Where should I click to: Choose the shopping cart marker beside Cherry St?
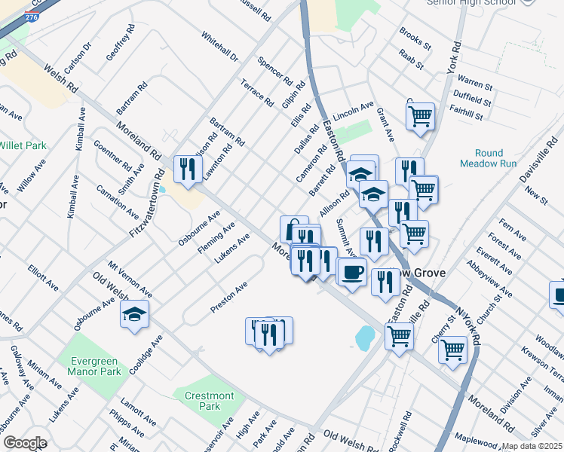point(452,349)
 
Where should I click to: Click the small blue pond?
point(364,337)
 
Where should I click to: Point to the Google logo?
point(25,443)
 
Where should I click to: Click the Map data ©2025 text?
point(532,446)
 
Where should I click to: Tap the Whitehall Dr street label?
point(219,47)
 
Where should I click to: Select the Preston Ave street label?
point(229,297)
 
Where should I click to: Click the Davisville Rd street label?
point(535,160)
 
